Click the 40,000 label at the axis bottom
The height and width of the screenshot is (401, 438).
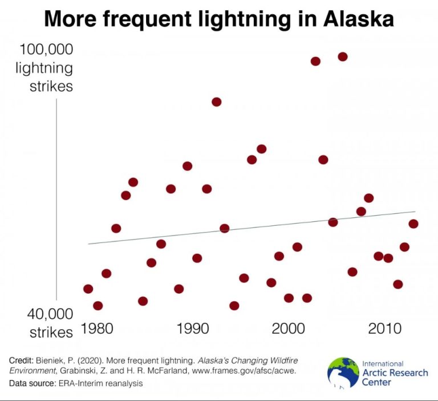[x=51, y=314]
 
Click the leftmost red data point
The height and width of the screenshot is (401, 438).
[x=88, y=289]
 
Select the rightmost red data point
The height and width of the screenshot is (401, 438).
[x=413, y=224]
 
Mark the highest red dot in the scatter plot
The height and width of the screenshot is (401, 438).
[x=343, y=56]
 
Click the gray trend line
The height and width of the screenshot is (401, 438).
[x=251, y=228]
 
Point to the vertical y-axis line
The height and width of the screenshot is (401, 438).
[x=56, y=200]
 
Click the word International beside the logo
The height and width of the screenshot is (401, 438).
[x=383, y=363]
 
